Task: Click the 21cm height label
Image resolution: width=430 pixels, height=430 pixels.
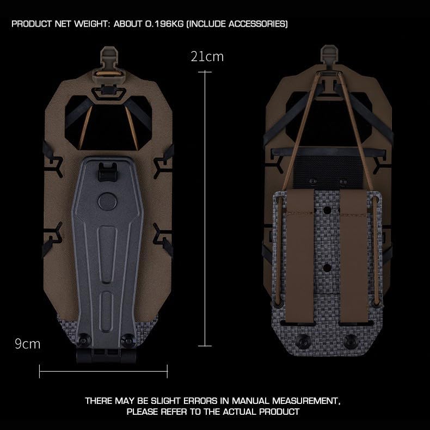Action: (x=207, y=57)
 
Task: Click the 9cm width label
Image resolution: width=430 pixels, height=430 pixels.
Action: (x=28, y=344)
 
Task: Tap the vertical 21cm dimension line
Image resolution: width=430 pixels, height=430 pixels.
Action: (x=205, y=207)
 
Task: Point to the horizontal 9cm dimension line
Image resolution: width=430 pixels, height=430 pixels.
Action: (x=103, y=372)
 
